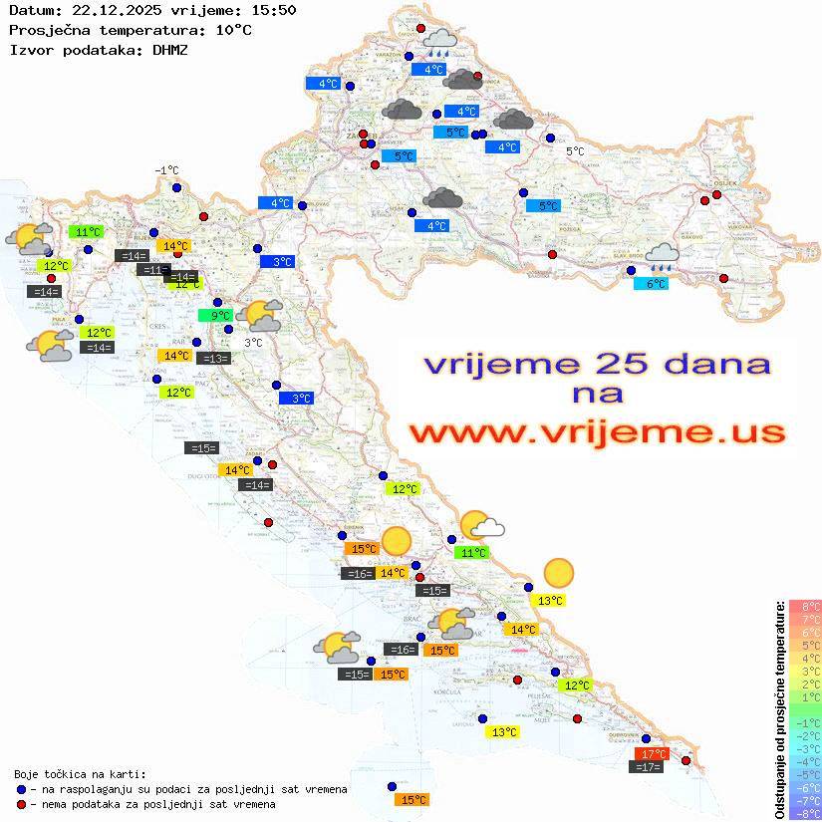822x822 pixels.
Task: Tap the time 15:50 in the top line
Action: coord(274,11)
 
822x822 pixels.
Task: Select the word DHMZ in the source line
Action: coord(169,49)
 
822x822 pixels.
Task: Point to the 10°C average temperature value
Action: coord(233,30)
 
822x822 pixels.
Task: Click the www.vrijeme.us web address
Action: coord(597,432)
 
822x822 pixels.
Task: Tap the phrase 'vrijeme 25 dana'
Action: coord(597,364)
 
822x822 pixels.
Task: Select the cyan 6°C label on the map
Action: coord(652,284)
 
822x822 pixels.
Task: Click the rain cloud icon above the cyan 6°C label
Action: coord(662,257)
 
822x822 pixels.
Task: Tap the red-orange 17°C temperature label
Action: coord(653,754)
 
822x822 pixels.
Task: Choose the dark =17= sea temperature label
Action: coord(646,767)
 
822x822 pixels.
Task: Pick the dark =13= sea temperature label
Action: coord(214,359)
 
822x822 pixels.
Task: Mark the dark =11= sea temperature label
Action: coord(153,270)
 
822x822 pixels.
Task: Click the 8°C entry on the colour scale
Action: coord(805,606)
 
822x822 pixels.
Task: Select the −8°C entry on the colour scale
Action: coord(805,813)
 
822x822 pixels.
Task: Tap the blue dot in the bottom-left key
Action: coord(22,789)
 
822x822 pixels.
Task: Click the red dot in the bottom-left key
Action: coord(22,804)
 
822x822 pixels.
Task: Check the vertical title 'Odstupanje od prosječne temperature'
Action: coord(779,708)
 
